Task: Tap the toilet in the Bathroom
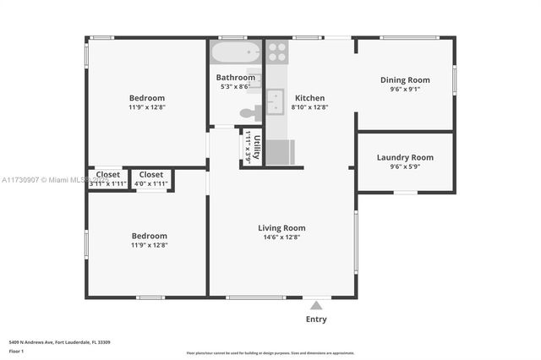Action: pos(249,112)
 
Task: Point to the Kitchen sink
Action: pos(275,103)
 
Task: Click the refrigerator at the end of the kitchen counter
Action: pos(280,152)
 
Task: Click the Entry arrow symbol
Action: pos(316,305)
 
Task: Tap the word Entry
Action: pos(316,319)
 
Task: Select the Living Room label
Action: pos(281,227)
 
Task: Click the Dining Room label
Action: pos(405,80)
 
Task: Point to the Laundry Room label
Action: pos(405,157)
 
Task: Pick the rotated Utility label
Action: pos(257,145)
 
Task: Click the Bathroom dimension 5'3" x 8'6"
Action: pos(236,87)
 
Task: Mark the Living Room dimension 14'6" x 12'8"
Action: pos(281,237)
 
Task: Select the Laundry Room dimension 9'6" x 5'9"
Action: pos(405,167)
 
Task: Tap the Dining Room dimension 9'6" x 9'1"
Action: pos(405,90)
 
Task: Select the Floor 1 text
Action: pos(17,351)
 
